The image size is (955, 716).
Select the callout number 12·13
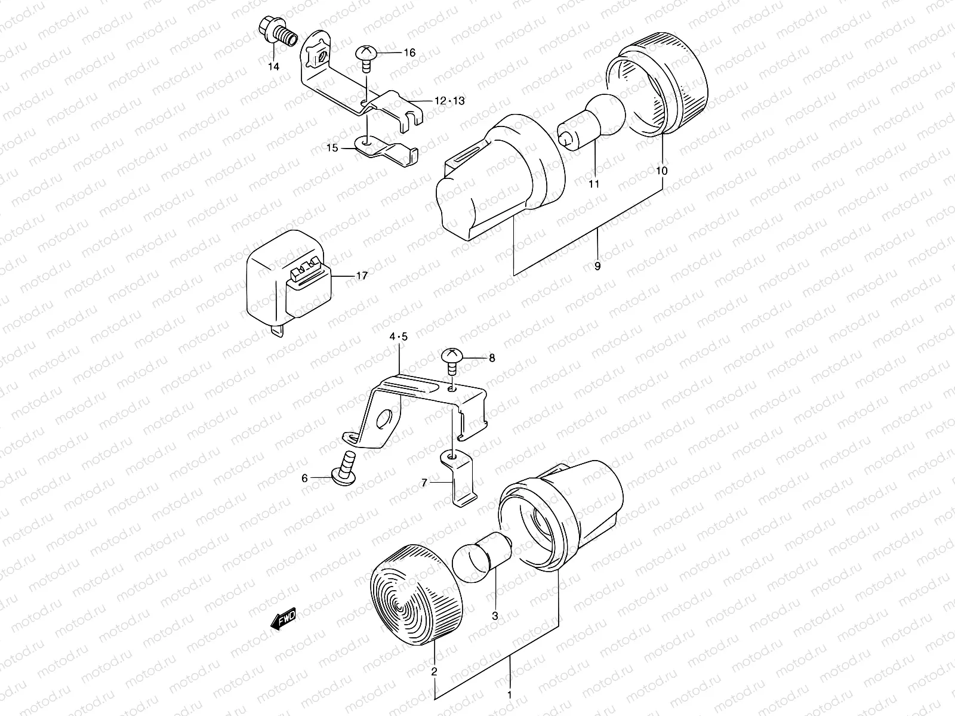(449, 101)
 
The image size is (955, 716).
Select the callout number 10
(661, 171)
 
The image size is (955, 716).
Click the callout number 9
(597, 267)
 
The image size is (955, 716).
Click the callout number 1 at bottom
(509, 695)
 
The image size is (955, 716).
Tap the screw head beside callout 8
(452, 358)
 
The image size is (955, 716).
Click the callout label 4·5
(398, 337)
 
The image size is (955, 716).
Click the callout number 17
(362, 276)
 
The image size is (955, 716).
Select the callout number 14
(273, 67)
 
